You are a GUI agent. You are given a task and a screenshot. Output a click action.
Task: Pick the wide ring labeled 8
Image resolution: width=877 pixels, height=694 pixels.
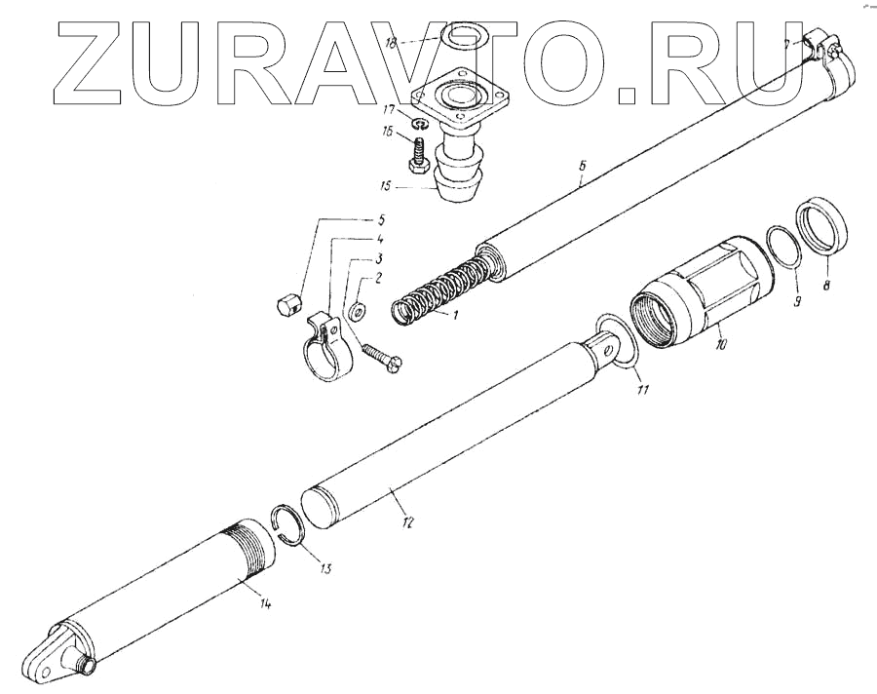(822, 227)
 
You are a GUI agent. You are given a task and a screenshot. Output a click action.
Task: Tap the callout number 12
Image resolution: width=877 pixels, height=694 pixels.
(407, 522)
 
